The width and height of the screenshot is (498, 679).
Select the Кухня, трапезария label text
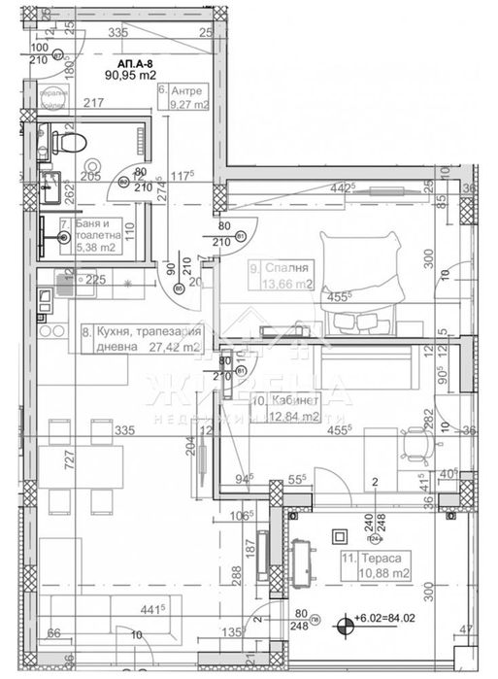tap(130, 331)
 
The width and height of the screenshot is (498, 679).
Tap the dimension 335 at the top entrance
tap(119, 33)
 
